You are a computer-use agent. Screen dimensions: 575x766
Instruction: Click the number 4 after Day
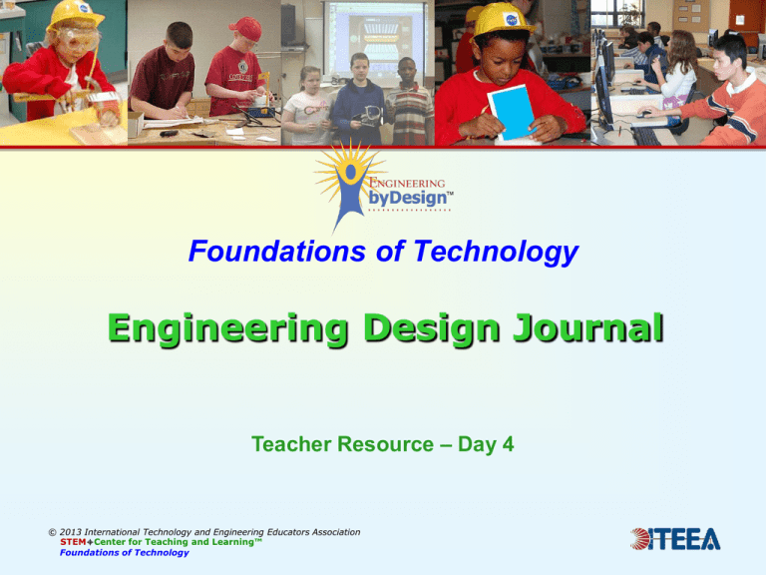[508, 443]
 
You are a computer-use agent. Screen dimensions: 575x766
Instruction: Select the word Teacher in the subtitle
[291, 443]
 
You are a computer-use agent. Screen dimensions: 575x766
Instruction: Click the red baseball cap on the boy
[244, 27]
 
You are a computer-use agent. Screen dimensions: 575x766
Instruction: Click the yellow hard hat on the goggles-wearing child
[75, 12]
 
